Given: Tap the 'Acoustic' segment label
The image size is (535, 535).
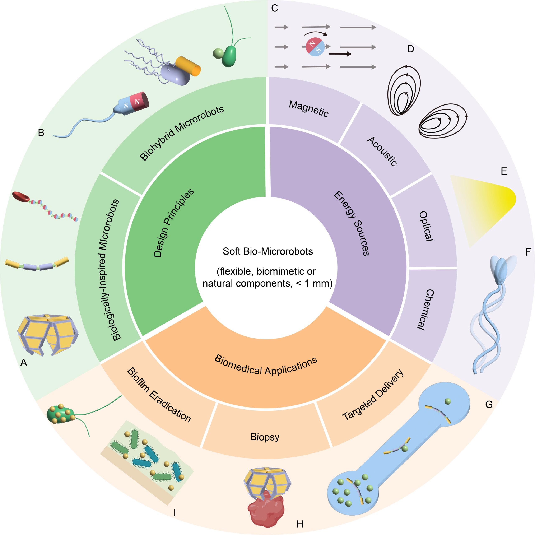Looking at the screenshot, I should (382, 151).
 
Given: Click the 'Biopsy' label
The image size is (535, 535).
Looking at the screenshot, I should (265, 437).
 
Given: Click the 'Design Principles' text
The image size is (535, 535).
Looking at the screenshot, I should (173, 223).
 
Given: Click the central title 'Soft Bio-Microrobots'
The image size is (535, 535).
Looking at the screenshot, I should (267, 251).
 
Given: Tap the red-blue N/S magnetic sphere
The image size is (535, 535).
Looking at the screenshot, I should (315, 47).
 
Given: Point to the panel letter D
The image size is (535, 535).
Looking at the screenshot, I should (411, 49).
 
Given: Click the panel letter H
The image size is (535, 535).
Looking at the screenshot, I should (300, 524).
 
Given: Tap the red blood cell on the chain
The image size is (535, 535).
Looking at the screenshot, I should (21, 196).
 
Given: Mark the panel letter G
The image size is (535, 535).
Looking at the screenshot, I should (489, 405).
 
